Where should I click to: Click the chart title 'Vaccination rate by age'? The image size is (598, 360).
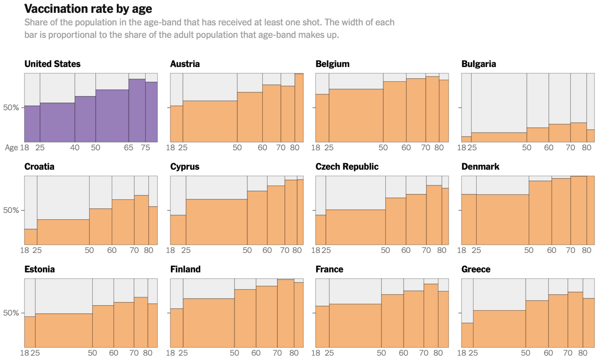88,9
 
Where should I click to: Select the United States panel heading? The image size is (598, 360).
53,64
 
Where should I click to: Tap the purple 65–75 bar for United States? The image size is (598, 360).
137,111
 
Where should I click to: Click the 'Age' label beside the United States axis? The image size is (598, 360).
11,148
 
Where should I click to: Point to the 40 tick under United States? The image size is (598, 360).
75,148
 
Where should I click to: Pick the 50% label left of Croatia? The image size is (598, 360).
11,210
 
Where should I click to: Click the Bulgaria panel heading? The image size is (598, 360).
478,64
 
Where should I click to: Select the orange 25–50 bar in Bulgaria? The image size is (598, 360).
499,137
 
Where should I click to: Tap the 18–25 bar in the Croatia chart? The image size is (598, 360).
31,237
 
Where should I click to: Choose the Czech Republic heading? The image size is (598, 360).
347,167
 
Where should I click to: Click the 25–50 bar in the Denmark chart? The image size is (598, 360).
502,220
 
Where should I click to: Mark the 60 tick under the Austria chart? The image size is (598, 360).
262,148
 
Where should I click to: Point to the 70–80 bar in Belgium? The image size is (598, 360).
432,109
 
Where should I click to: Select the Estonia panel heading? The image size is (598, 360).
39,269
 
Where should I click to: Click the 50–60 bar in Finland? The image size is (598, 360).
245,318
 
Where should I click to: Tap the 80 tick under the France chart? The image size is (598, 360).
438,353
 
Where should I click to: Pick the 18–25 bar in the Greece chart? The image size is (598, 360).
467,335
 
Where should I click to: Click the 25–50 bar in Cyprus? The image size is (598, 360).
216,222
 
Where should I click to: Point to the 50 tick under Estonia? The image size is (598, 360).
92,353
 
